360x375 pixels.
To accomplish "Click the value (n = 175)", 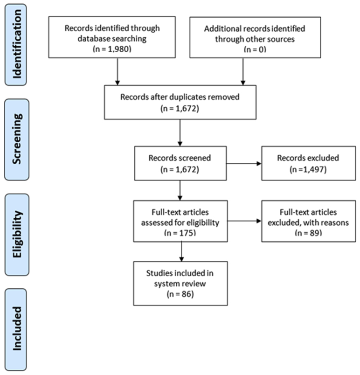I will tap(180, 232).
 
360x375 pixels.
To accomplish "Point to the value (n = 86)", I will tap(180, 294).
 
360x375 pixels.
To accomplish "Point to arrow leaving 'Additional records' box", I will tap(243, 72).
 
